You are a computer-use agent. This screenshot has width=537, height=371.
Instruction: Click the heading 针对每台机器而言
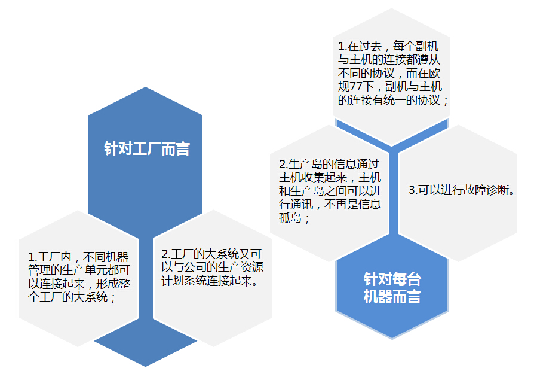click(392, 288)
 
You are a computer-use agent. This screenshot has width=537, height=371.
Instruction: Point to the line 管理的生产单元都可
click(78, 270)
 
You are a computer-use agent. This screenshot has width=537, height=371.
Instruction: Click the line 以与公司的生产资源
click(211, 267)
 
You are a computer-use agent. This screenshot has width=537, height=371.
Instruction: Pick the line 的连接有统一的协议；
click(393, 100)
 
